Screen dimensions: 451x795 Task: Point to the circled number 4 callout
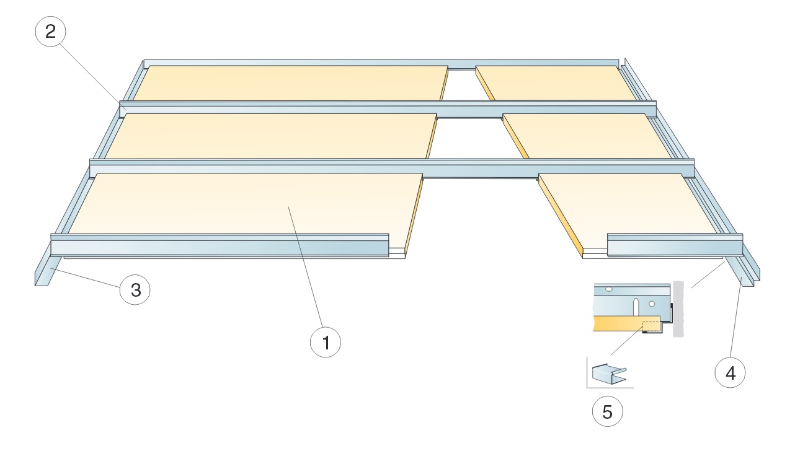point(731,373)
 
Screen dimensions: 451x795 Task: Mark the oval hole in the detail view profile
point(609,289)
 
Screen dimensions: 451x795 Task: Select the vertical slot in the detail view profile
point(635,307)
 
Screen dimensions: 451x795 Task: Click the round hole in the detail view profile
point(652,304)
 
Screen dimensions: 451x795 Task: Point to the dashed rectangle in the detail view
point(651,326)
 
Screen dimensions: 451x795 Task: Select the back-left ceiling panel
point(291,82)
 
